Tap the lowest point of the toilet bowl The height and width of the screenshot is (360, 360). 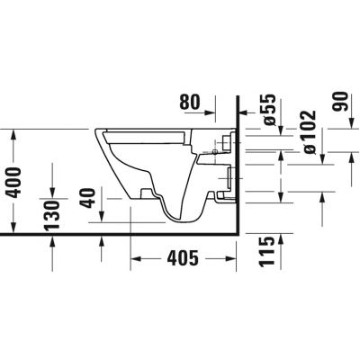coord(184,220)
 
